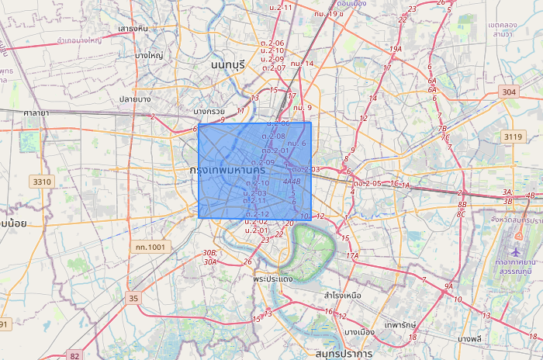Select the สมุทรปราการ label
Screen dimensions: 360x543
[x=338, y=353]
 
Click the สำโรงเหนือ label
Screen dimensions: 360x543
[x=344, y=296]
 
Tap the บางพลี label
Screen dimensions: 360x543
[x=470, y=338]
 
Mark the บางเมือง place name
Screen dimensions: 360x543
[x=359, y=332]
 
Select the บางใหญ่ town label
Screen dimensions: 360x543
[x=148, y=55]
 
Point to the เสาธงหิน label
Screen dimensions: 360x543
[x=133, y=29]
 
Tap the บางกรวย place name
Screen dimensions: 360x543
[x=206, y=111]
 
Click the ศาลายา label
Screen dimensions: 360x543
[x=36, y=112]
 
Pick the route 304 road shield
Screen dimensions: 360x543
[x=509, y=92]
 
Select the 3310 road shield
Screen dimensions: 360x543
[x=42, y=182]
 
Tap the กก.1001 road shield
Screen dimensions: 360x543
[x=150, y=247]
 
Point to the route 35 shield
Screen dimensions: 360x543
[x=134, y=298]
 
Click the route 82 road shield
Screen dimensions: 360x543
[x=74, y=355]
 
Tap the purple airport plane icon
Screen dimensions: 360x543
[x=517, y=252]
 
